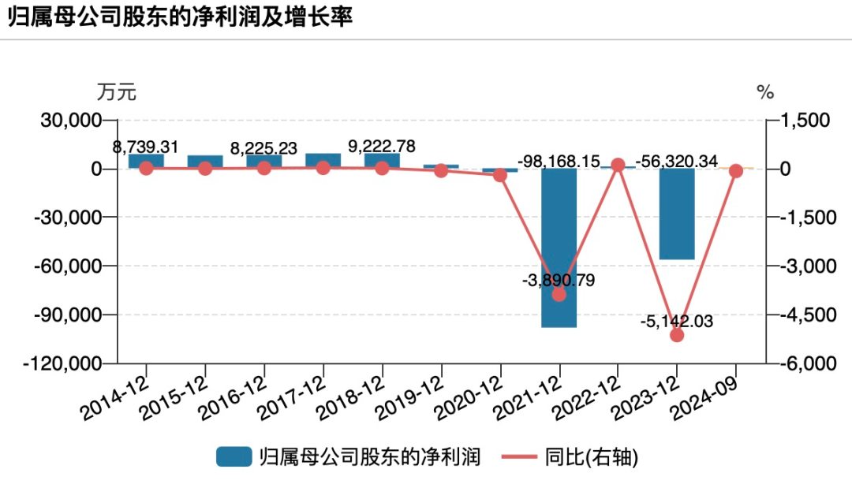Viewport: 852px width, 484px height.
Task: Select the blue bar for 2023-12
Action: [677, 214]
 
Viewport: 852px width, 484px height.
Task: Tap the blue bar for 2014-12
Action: [146, 161]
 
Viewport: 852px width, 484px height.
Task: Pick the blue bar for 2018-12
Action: [382, 161]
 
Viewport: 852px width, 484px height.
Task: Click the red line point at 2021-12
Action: [559, 294]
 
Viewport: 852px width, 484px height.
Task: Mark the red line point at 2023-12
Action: [677, 335]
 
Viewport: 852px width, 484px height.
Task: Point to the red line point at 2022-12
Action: [618, 165]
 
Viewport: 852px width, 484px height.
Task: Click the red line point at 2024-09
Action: [735, 171]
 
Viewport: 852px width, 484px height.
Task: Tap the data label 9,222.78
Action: [382, 147]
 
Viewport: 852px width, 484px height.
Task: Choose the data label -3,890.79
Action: [559, 280]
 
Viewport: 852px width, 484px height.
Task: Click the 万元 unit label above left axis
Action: [117, 92]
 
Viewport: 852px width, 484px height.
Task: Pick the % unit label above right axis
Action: [765, 92]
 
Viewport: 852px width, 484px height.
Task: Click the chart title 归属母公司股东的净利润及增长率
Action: [180, 18]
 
